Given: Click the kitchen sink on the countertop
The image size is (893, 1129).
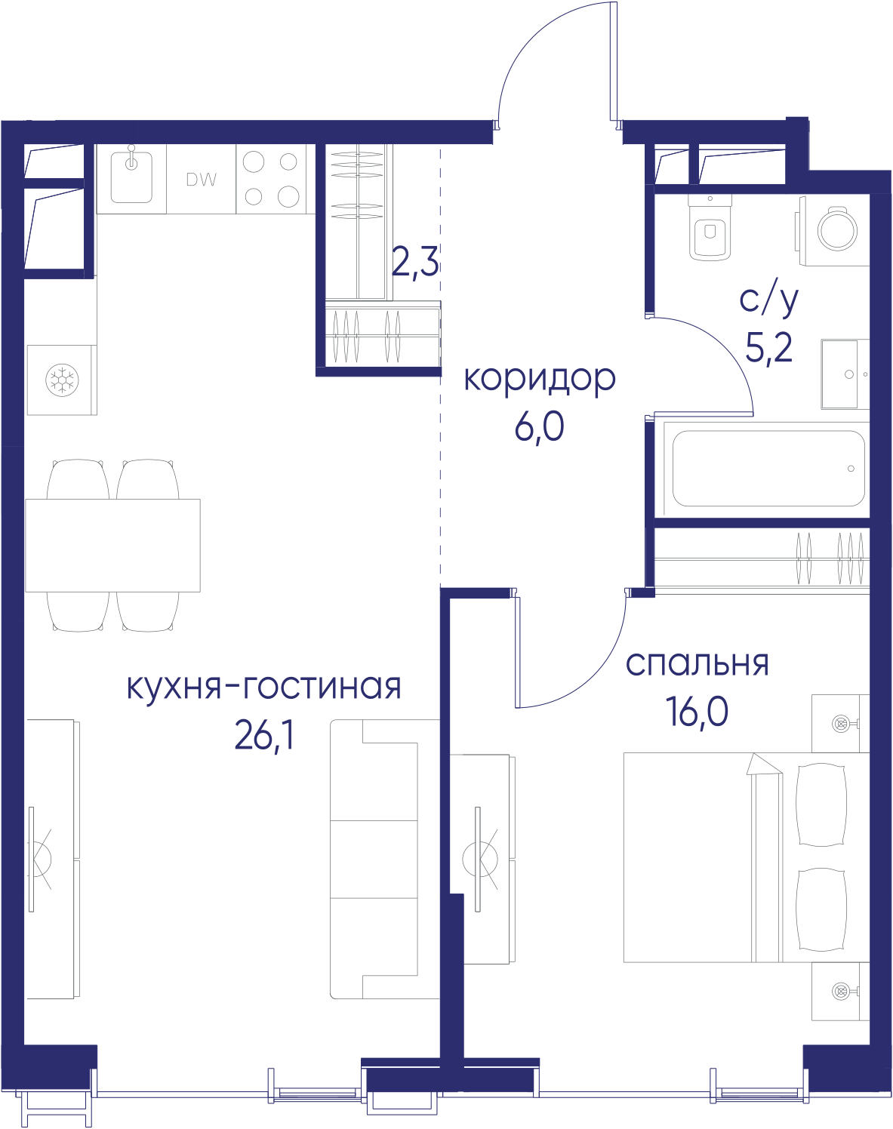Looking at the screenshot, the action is pos(131,177).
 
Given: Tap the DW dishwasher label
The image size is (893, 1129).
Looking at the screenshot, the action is pos(201,180).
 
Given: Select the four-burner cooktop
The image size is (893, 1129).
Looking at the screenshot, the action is pos(271,179).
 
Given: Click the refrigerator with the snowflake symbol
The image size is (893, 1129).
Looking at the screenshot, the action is pos(62,380).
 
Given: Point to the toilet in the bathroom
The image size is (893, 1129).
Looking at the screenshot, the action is pos(710,228).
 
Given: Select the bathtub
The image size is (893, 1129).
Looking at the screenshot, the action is pos(768,469).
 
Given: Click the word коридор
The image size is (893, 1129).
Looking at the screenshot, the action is pos(540,379).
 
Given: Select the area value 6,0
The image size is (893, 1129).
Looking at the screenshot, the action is pos(540,427).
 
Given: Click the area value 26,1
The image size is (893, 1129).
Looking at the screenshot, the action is pos(264,735).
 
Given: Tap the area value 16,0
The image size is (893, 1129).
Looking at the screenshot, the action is pos(697,712).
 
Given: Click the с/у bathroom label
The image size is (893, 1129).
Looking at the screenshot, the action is pos(768,300).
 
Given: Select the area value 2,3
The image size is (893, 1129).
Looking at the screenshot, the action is pos(415,262).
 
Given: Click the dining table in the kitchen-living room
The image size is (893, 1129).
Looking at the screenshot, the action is pos(112,545).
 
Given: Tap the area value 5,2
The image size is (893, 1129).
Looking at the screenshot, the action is pos(768,347).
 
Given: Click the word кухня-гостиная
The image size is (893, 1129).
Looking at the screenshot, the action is pos(264,687).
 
